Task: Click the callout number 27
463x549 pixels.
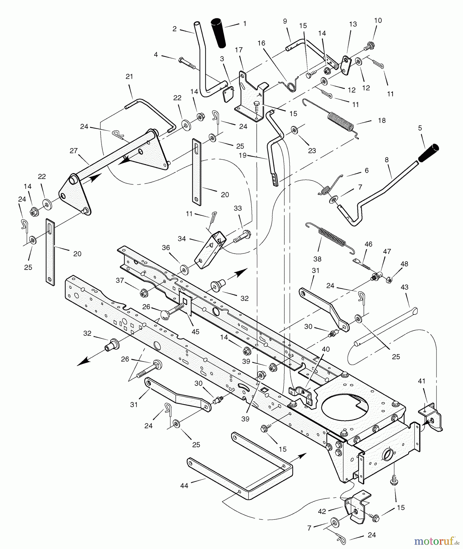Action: point(73,151)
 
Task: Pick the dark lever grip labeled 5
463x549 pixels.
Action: point(428,153)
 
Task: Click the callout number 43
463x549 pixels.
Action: point(404,287)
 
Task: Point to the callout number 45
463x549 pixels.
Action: point(195,332)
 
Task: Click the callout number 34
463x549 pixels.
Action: point(182,239)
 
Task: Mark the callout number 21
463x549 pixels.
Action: point(130,77)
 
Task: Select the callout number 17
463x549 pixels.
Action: point(239,50)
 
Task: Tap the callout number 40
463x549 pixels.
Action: point(326,349)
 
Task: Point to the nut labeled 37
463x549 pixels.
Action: point(142,293)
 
